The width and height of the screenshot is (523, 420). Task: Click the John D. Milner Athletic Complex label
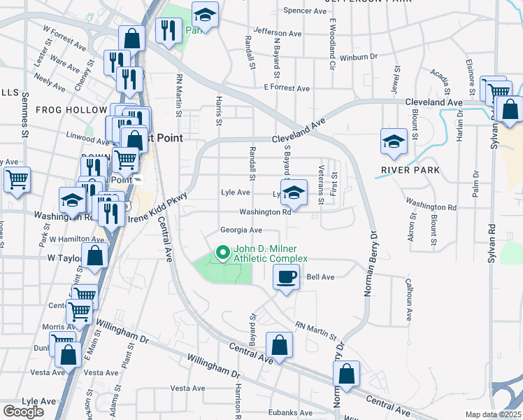(270, 253)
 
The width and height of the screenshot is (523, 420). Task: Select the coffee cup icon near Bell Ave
(285, 278)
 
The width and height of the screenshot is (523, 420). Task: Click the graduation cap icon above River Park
(394, 141)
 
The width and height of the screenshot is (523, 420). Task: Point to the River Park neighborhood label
(410, 170)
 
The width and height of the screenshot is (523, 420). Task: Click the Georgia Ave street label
(241, 230)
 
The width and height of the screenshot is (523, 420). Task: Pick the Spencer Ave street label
(306, 11)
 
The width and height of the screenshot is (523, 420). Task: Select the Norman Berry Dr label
(371, 264)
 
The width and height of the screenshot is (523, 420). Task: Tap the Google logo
(23, 412)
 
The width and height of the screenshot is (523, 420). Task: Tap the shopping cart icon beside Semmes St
(17, 178)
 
